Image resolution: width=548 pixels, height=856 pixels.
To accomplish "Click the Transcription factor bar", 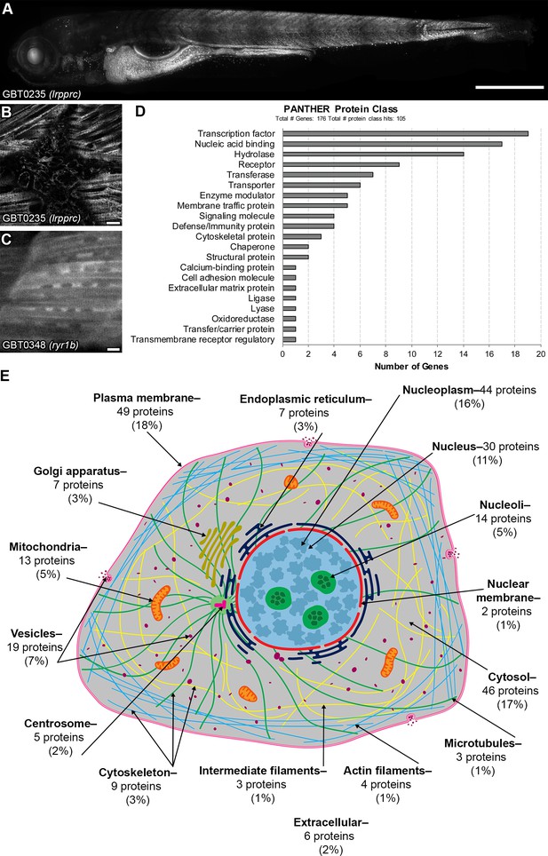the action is [405, 134].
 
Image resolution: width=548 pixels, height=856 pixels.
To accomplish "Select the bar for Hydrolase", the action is [373, 155].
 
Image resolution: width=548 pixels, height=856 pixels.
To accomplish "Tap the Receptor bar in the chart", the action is [340, 164].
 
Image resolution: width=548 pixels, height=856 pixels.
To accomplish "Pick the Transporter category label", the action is [251, 185].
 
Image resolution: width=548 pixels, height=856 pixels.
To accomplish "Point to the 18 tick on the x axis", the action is [515, 353].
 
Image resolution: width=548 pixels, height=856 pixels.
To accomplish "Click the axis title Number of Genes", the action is [411, 367].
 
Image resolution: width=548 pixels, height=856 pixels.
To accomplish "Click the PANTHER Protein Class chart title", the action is [340, 109].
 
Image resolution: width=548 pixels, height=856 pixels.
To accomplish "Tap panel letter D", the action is [140, 111].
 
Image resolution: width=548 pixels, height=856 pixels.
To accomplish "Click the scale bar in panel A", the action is [510, 87].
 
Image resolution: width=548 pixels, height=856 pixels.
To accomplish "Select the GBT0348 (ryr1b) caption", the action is [42, 345].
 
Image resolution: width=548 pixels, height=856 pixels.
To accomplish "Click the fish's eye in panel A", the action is [34, 56].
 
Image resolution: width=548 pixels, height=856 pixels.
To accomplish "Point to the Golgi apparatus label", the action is [80, 471].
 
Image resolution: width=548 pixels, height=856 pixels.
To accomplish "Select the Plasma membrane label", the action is [147, 398].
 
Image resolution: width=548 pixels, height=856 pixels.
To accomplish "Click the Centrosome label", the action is [60, 724].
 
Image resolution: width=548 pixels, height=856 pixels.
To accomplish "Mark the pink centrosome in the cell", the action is [221, 605].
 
